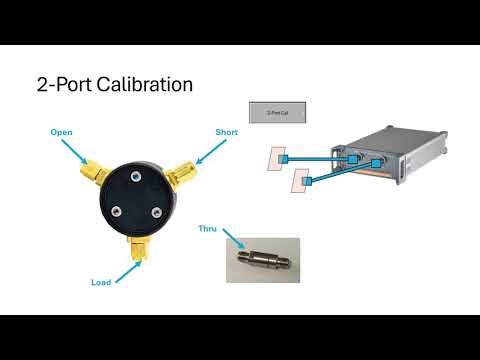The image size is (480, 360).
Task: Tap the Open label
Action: [62, 130]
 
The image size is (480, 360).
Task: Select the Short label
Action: [226, 132]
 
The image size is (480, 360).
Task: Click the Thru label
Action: [208, 229]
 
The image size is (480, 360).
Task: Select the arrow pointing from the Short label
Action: [208, 152]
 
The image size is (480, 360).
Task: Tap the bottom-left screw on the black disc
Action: [116, 210]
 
